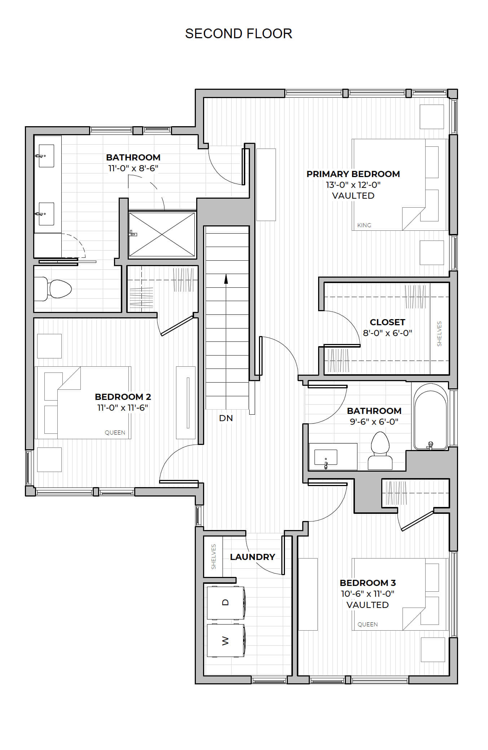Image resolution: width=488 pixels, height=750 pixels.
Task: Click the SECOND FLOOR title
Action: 238,34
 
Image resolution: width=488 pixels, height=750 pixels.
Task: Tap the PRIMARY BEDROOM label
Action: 353,174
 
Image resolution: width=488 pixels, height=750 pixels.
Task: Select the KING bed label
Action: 364,225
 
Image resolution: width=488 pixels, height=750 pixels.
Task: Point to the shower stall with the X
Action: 162,234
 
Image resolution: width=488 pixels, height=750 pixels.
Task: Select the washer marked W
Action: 226,641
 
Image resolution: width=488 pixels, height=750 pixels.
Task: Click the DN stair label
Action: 226,418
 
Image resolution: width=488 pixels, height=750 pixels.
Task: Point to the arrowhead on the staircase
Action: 226,279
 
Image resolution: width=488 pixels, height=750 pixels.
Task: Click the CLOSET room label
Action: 387,322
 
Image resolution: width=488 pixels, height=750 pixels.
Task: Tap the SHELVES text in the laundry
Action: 214,557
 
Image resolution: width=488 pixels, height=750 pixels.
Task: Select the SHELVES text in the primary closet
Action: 439,334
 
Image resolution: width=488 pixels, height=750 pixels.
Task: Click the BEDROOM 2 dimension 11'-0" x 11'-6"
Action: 123,407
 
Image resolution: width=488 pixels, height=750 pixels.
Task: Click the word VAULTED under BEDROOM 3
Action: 368,605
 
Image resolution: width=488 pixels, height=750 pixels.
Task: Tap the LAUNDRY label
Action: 252,557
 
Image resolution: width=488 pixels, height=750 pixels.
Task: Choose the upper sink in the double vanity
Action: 46,156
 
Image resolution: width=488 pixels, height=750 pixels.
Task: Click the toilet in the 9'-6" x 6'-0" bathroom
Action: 380,451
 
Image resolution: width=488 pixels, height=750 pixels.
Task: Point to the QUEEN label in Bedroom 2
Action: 115,433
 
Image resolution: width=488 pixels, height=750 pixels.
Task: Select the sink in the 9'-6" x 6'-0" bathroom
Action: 326,458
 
